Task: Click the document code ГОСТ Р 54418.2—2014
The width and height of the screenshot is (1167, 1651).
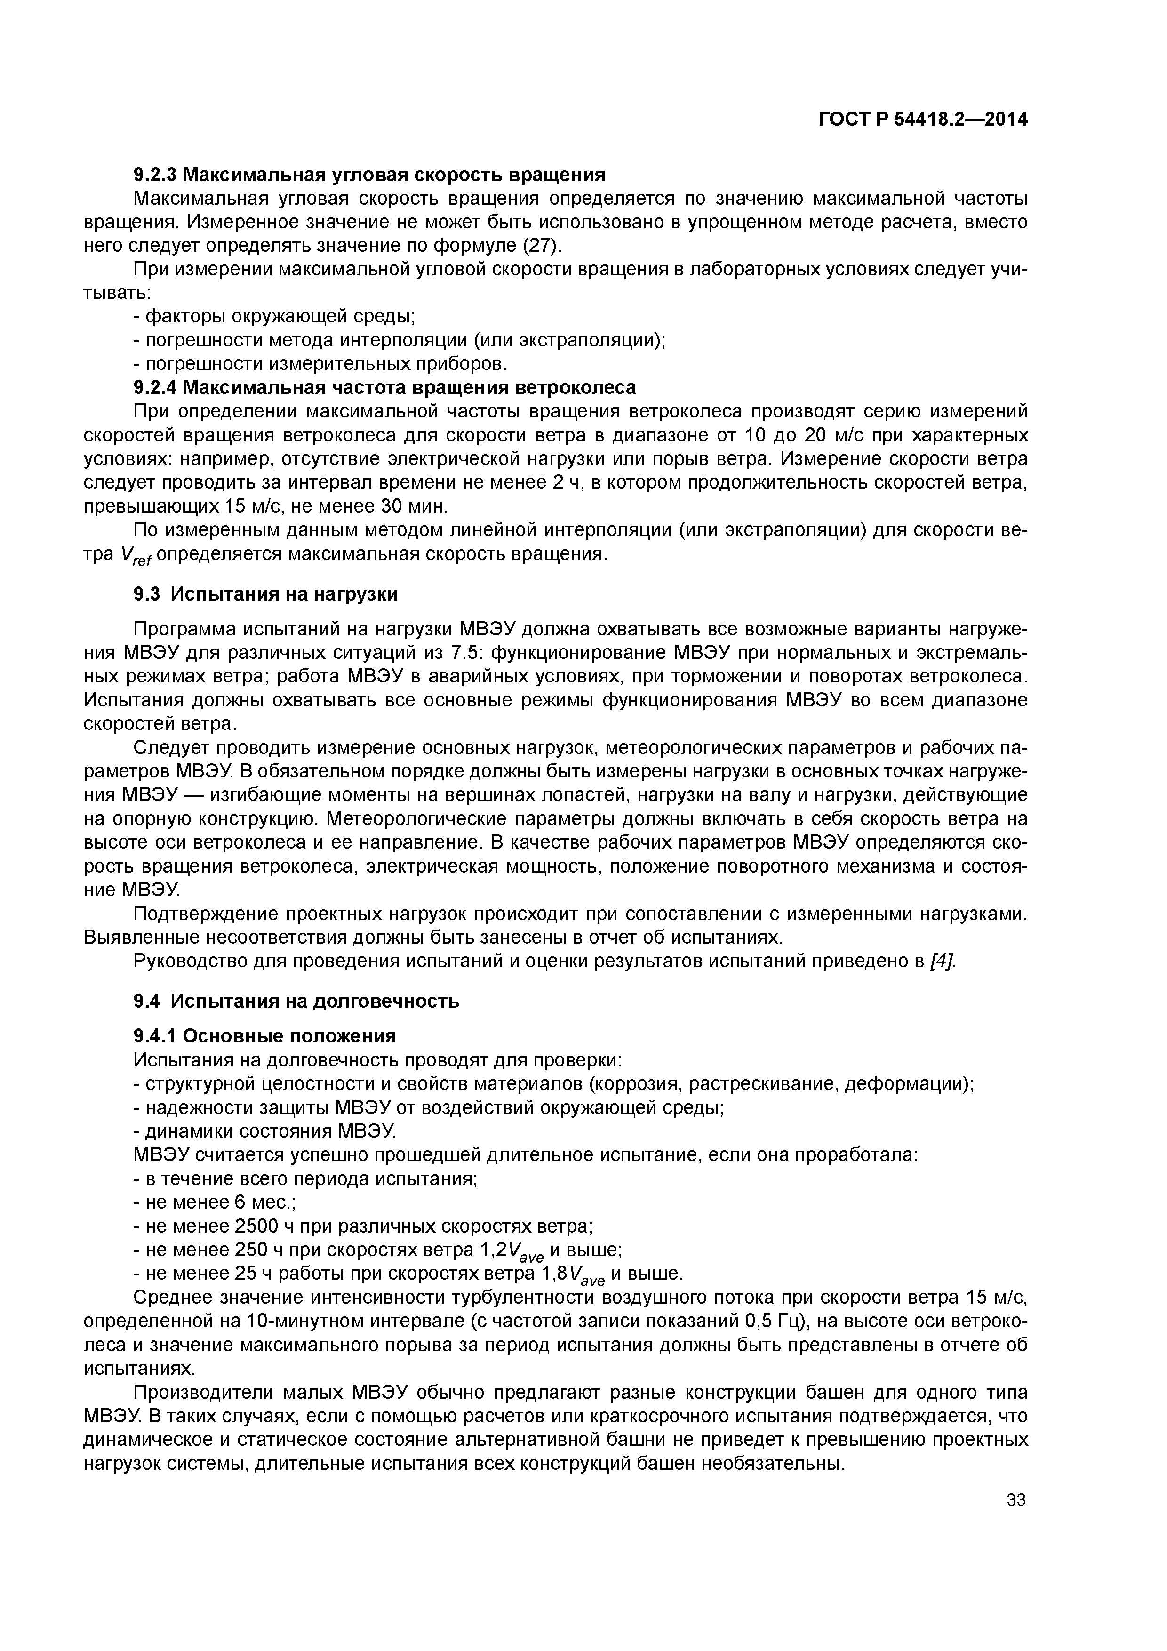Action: click(922, 120)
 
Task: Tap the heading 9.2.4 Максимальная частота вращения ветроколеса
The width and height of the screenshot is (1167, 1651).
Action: click(384, 388)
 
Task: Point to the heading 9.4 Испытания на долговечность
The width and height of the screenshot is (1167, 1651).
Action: click(296, 1001)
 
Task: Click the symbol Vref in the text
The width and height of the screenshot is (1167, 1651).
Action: click(135, 556)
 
